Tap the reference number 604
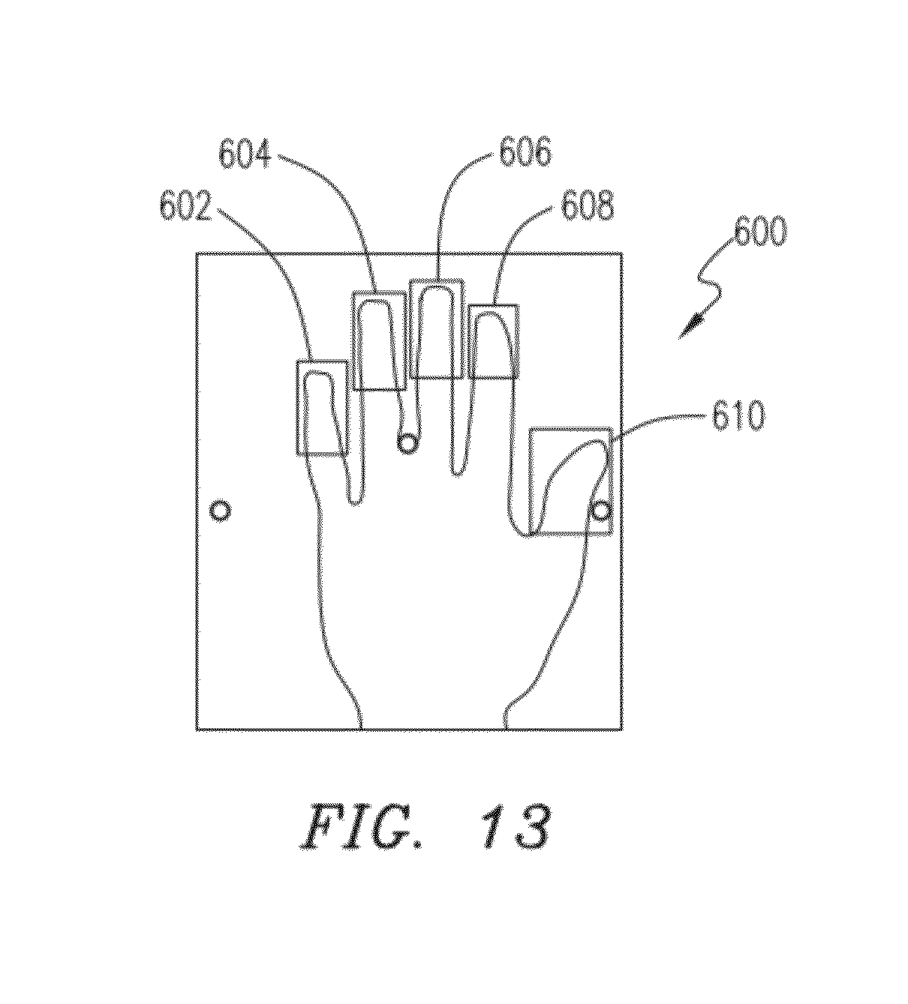point(245,155)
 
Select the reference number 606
point(525,151)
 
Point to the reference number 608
point(587,205)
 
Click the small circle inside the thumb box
point(601,511)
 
